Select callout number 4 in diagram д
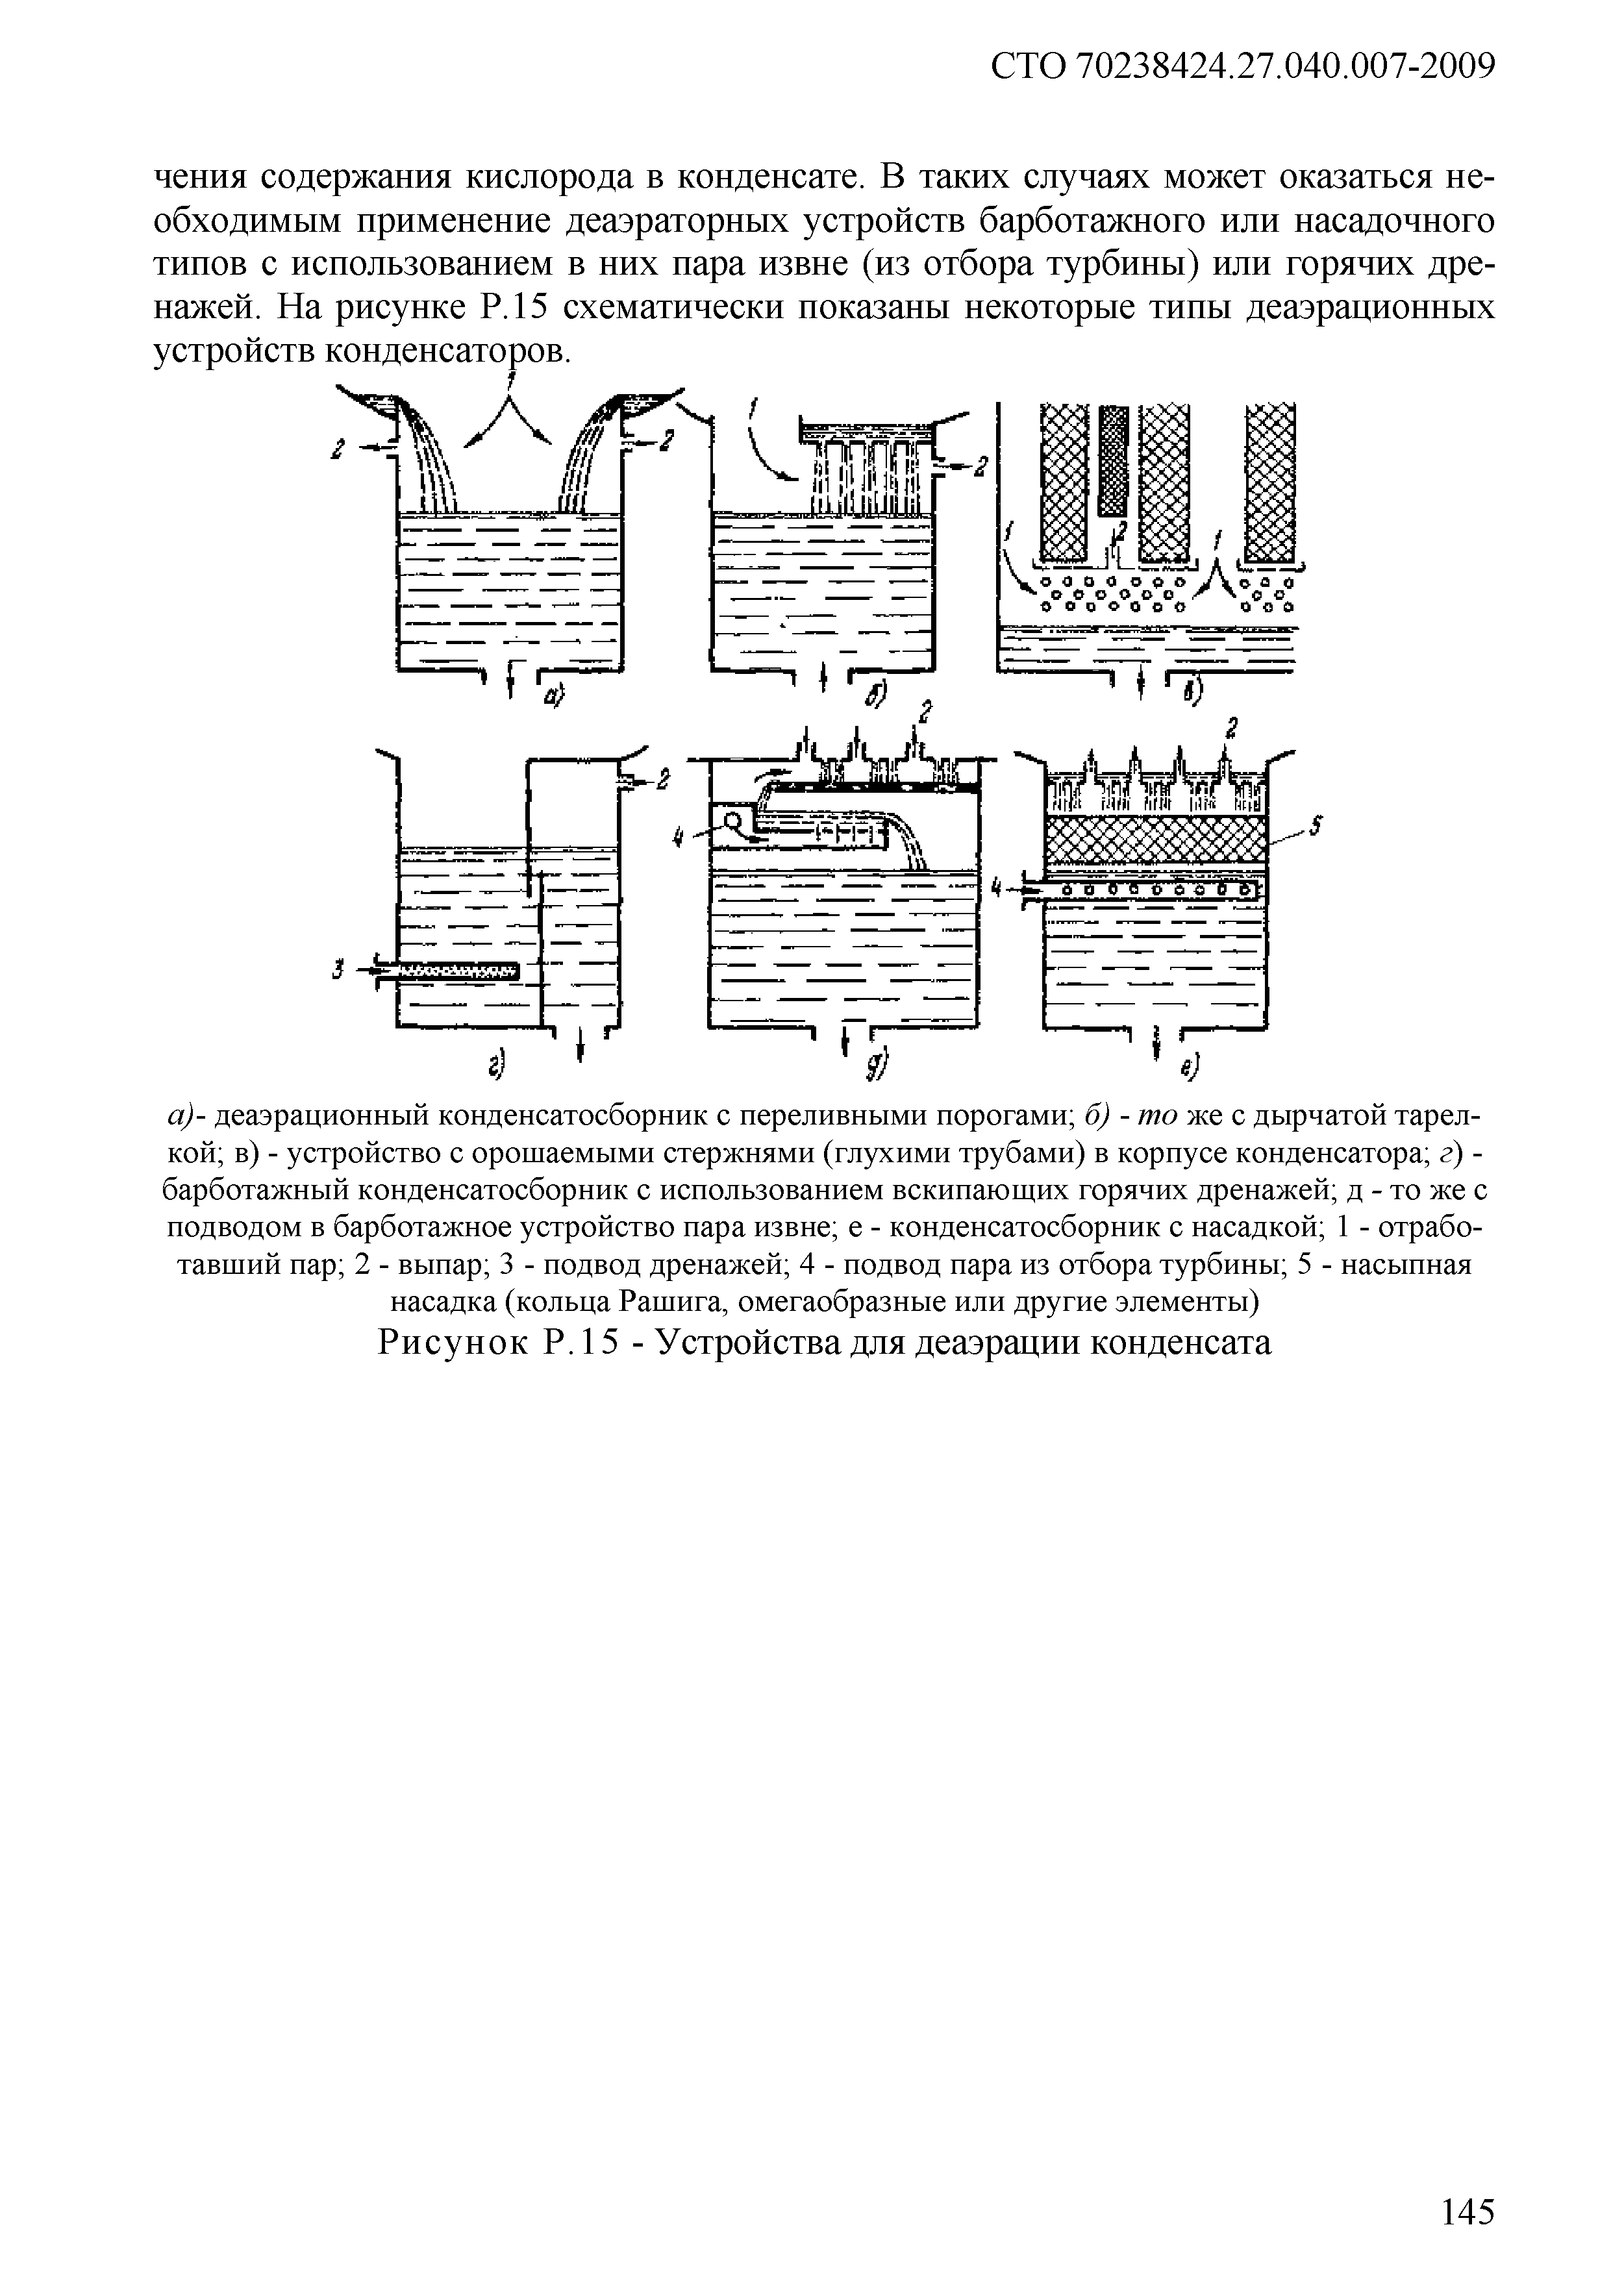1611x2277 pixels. pyautogui.click(x=679, y=839)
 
